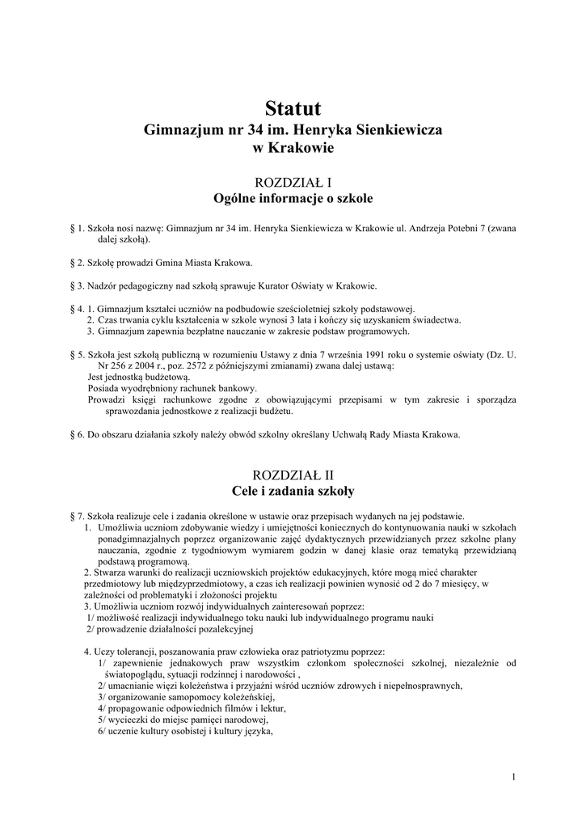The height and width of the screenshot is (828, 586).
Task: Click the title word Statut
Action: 293,108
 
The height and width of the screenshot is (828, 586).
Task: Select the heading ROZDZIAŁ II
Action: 293,475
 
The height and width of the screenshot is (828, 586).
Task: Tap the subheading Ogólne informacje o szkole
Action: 293,198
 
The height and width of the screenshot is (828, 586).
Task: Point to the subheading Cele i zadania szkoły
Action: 293,490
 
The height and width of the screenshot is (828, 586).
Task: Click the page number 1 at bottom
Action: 513,777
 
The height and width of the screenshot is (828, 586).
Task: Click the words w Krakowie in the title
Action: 293,148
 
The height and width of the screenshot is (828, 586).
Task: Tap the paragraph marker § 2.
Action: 78,263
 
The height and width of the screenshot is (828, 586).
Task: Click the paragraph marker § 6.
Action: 78,434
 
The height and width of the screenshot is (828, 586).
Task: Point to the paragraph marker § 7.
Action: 78,516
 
